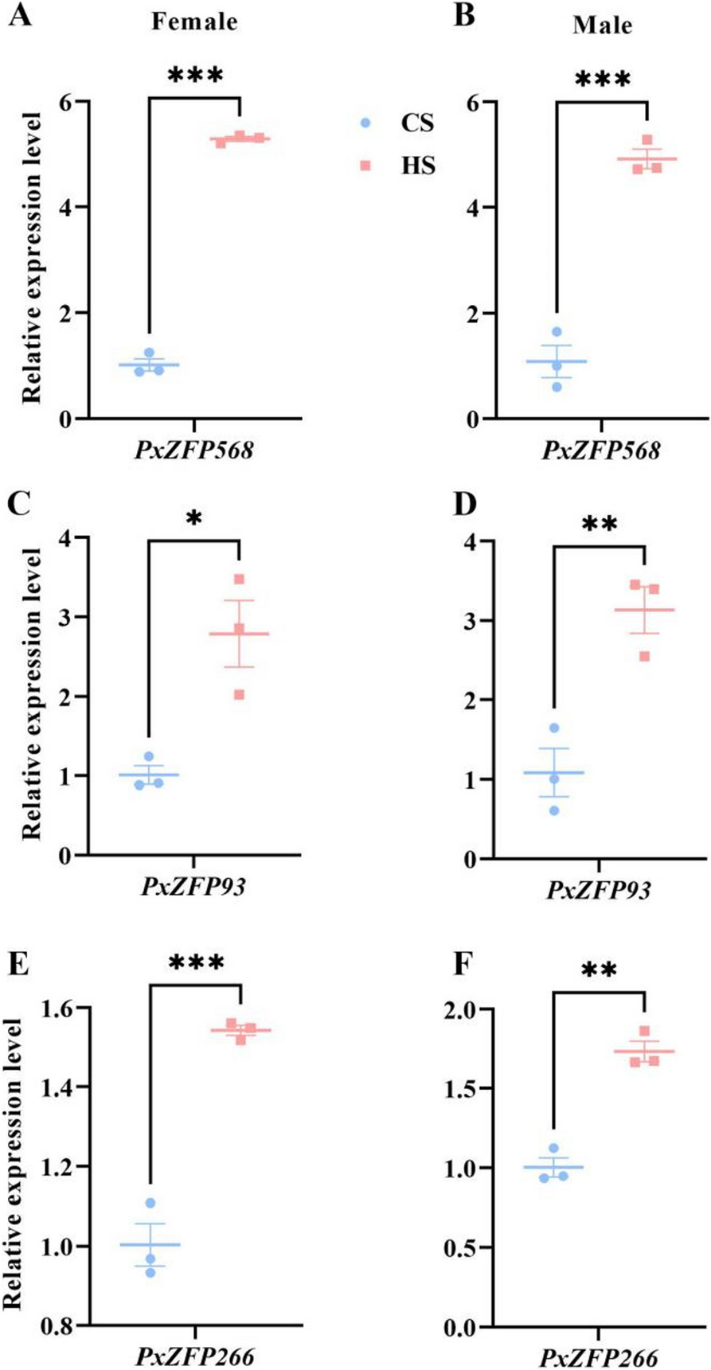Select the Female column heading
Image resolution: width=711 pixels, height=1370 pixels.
point(194,21)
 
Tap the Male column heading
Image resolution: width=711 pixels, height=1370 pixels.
point(602,25)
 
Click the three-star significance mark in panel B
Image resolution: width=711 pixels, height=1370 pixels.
point(602,80)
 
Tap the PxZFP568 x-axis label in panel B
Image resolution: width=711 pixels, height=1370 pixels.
point(601,451)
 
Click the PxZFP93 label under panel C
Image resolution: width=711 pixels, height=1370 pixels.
point(193,886)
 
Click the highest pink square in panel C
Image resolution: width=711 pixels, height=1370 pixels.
point(239,579)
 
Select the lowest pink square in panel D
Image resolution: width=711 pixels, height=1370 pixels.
point(644,656)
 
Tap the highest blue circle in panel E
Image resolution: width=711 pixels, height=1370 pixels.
point(150,1203)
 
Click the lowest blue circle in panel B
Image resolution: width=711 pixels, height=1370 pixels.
point(557,387)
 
